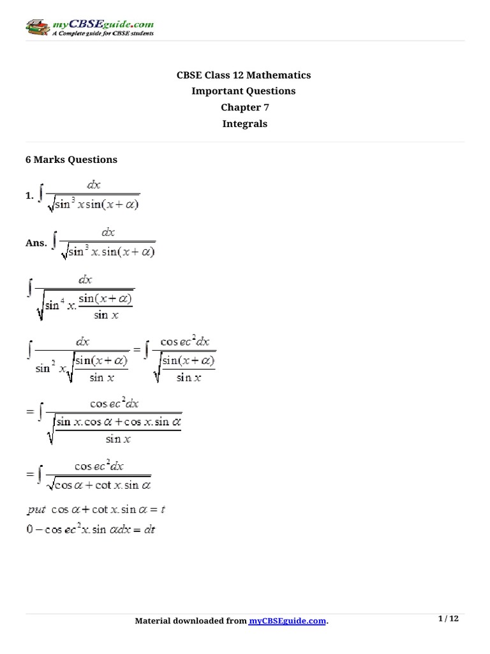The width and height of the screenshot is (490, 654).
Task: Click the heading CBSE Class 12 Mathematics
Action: coord(244,75)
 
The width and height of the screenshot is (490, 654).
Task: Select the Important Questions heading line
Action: coord(244,91)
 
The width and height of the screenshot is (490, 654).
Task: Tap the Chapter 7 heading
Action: coord(244,107)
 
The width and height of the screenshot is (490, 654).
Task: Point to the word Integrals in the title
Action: coord(244,124)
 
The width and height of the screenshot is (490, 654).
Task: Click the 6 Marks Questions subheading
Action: coord(71,160)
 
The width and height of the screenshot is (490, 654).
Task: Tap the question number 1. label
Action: coord(29,197)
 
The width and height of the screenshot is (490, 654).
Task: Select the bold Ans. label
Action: coord(36,243)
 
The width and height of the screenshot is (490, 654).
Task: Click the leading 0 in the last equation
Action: coord(29,529)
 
